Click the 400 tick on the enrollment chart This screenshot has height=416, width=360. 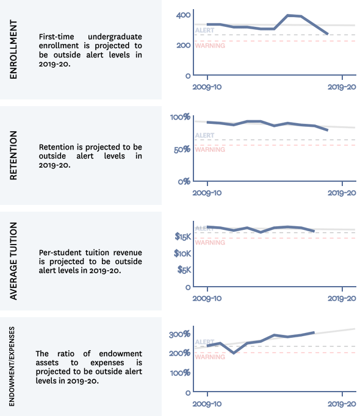pos(183,15)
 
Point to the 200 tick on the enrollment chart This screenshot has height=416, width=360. pos(183,45)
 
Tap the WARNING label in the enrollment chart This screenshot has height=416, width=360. pos(210,46)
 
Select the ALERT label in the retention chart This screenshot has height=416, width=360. pos(204,135)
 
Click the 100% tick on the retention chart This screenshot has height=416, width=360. pos(180,117)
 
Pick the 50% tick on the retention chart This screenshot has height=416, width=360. pos(182,150)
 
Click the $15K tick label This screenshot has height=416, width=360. pos(182,237)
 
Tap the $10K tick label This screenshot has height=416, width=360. pos(182,253)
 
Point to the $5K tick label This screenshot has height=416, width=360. pos(184,270)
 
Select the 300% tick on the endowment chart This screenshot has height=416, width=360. pos(180,334)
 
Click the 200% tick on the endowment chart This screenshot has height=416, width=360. pos(180,353)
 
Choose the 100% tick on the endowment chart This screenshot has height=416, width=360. pos(180,373)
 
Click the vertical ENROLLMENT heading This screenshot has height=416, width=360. pos(13,49)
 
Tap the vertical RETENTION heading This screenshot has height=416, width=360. pos(13,156)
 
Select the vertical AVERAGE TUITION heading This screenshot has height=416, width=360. pos(13,261)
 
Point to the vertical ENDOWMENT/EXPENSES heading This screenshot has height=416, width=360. pos(12,367)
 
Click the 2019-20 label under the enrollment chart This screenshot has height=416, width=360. pos(342,87)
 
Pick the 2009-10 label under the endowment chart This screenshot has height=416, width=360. pos(207,404)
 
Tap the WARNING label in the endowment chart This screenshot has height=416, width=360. pos(210,357)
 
